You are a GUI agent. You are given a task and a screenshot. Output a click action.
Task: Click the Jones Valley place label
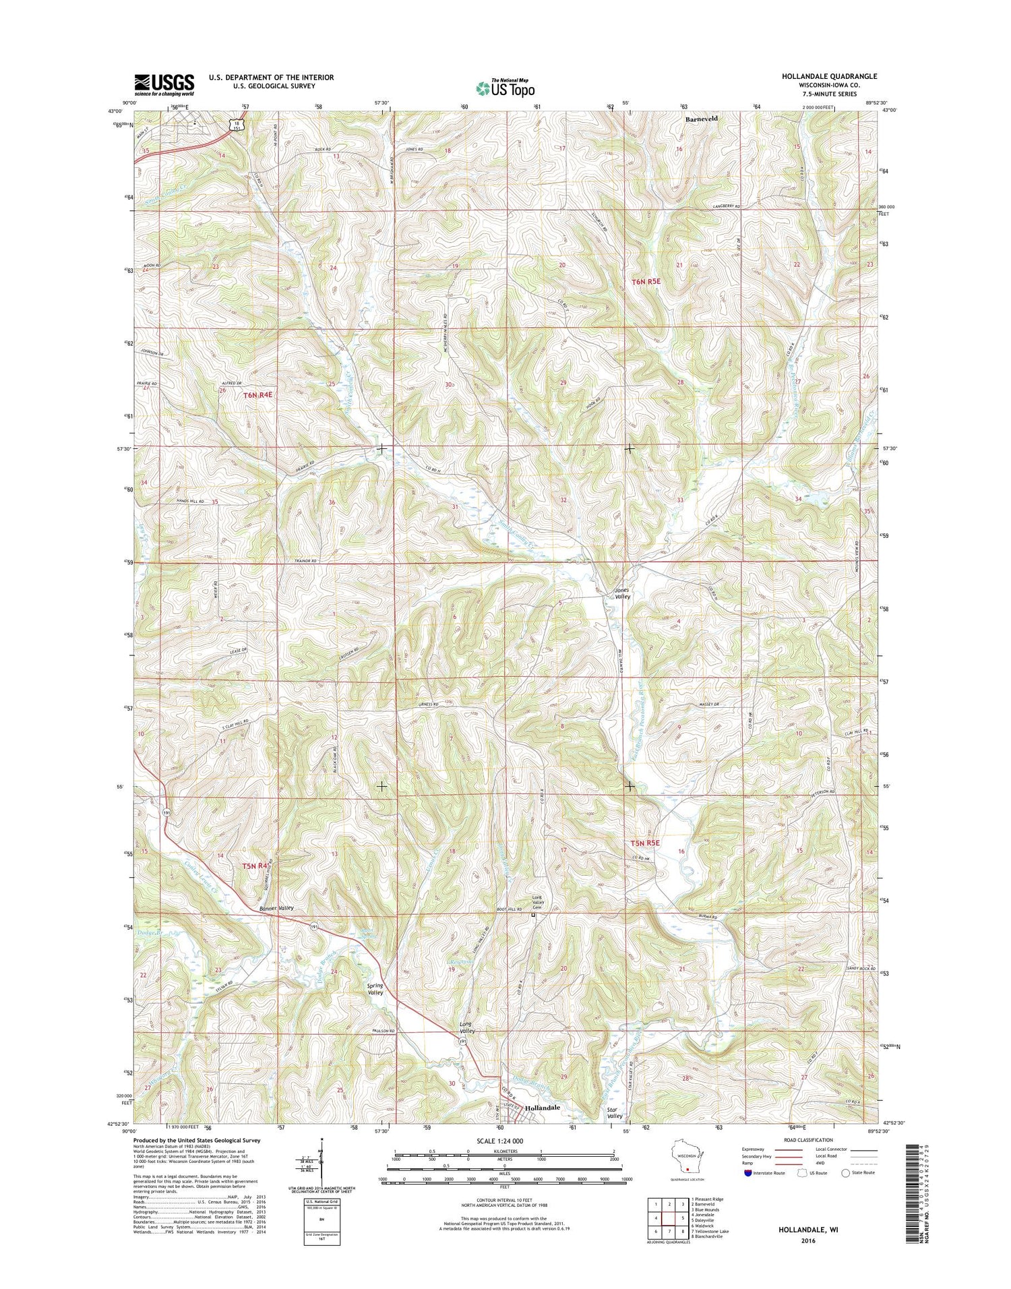pyautogui.click(x=622, y=593)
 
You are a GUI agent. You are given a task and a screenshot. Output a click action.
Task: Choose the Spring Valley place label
pyautogui.click(x=375, y=989)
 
